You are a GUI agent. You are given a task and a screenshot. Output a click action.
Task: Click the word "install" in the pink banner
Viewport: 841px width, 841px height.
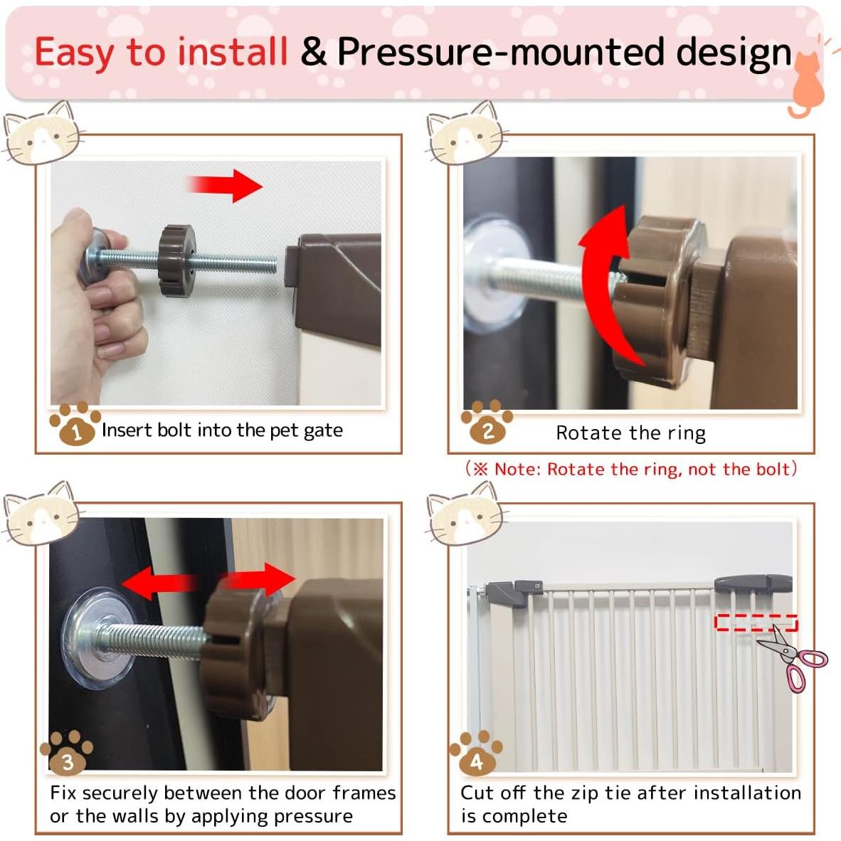pyautogui.click(x=232, y=51)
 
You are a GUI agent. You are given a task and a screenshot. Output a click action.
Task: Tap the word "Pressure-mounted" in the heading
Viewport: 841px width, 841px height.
pyautogui.click(x=502, y=53)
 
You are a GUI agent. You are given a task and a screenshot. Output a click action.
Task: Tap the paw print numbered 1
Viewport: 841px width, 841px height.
pyautogui.click(x=75, y=424)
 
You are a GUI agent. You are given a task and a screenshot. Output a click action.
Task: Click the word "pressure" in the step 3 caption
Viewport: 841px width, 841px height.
pyautogui.click(x=312, y=817)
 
